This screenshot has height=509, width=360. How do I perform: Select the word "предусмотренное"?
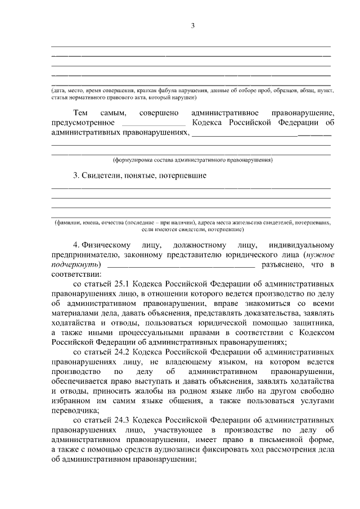[x=83, y=123]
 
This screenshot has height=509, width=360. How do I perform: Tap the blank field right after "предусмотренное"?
[x=153, y=123]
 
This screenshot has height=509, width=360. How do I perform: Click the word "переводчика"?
[x=75, y=411]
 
